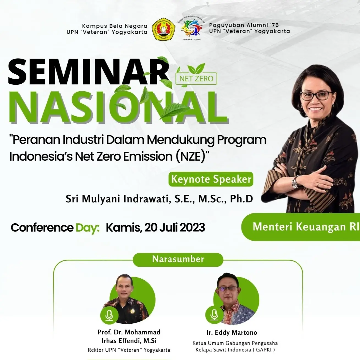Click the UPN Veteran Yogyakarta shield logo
(164, 29)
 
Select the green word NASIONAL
(118, 107)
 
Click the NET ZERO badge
(196, 79)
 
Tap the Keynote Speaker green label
(211, 179)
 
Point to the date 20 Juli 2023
(175, 228)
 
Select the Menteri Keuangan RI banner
(303, 227)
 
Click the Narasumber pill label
(178, 259)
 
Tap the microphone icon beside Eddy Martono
(214, 315)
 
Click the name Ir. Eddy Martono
(232, 332)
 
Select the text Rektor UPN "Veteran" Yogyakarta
(129, 350)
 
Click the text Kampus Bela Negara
(115, 26)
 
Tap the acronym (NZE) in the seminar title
(191, 157)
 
